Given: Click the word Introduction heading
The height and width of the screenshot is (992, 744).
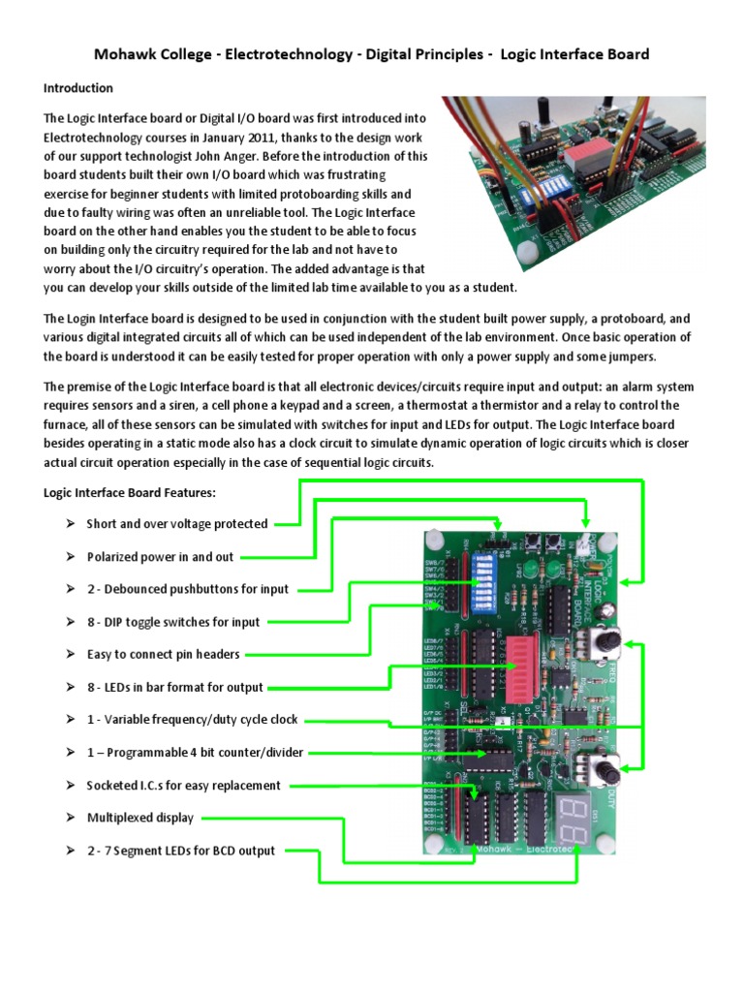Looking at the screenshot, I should tap(78, 88).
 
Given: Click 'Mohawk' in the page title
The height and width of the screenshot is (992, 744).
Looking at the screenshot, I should tap(127, 54).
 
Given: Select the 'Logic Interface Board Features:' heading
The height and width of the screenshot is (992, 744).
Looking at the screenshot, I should tap(130, 492).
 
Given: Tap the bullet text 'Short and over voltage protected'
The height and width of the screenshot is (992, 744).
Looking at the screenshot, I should tap(176, 524).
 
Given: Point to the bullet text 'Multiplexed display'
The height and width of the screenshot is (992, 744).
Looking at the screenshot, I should tap(139, 818).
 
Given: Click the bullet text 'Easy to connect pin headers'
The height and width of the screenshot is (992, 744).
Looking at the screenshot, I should tap(163, 654).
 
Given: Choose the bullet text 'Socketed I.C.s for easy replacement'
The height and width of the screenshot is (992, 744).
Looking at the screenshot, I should tap(183, 786).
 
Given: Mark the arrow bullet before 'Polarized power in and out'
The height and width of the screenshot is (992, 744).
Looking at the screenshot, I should tap(71, 557).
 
